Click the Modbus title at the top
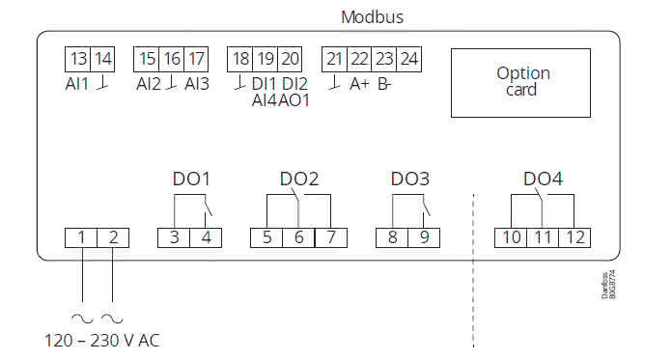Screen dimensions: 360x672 click(x=372, y=17)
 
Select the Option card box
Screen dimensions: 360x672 click(x=522, y=81)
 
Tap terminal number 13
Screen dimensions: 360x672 click(x=78, y=59)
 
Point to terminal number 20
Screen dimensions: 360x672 click(x=290, y=59)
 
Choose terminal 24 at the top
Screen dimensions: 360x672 click(x=408, y=59)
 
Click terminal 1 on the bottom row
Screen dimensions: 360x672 click(x=82, y=237)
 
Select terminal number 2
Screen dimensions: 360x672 click(x=113, y=237)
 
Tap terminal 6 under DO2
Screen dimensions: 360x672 click(x=297, y=237)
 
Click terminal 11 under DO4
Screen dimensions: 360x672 click(x=543, y=237)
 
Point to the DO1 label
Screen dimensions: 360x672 click(x=190, y=180)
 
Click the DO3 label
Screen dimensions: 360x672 click(x=409, y=180)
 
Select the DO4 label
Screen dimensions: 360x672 click(x=543, y=180)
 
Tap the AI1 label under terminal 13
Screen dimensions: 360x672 click(x=78, y=83)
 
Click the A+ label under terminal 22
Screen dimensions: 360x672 click(x=359, y=84)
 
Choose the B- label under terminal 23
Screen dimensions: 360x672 click(x=384, y=84)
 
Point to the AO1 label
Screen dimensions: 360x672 click(x=294, y=99)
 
